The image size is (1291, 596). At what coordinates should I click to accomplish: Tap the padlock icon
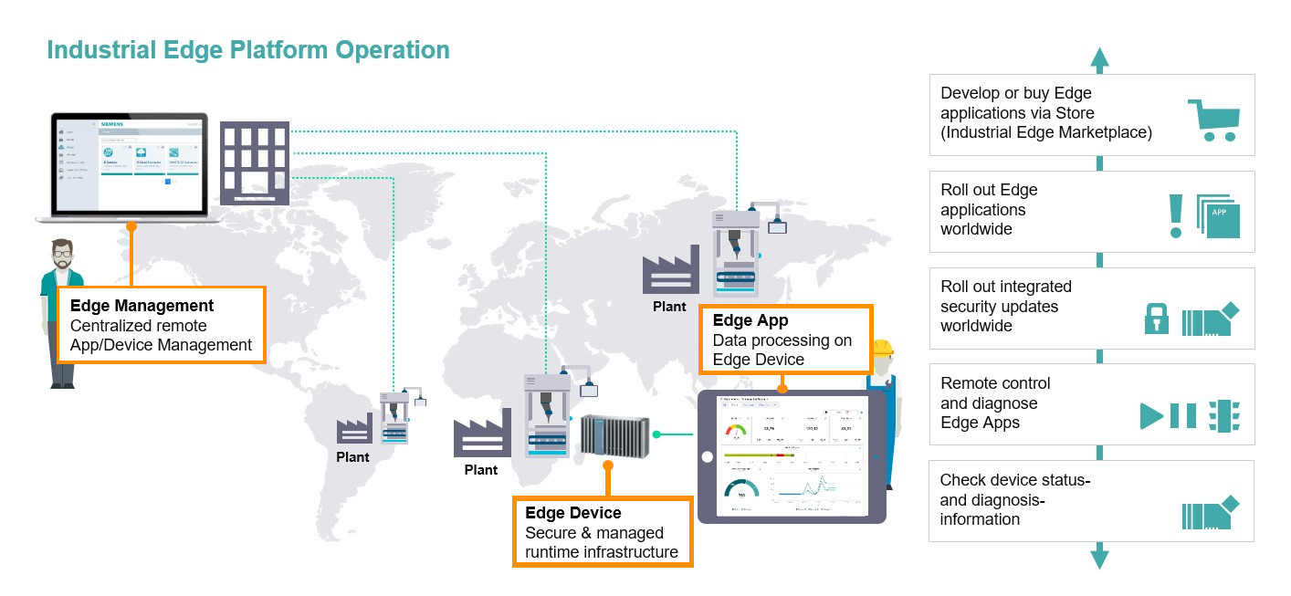[1157, 319]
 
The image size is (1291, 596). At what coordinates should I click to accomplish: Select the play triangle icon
[1151, 416]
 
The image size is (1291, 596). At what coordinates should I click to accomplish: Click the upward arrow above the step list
[1100, 60]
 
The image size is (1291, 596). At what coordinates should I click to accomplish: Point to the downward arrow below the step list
[1100, 557]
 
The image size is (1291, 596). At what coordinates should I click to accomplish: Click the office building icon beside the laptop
[255, 162]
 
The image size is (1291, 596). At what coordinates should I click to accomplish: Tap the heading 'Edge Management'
[142, 306]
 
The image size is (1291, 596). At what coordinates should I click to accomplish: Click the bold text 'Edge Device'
[573, 513]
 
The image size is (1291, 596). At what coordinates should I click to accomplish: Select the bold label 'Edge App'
[750, 320]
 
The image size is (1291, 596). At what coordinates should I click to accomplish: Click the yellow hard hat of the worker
[882, 348]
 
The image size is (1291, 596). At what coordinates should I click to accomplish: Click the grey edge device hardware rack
[614, 434]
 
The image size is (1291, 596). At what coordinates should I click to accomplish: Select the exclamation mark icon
[1176, 216]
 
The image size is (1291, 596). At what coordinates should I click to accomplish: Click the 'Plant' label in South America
[352, 456]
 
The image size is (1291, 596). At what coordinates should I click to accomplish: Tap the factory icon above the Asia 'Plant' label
[670, 274]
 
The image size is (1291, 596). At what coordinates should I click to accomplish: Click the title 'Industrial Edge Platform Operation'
[248, 49]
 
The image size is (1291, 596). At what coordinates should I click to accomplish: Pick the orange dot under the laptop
[131, 225]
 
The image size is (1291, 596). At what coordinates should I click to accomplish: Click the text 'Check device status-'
[1015, 480]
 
